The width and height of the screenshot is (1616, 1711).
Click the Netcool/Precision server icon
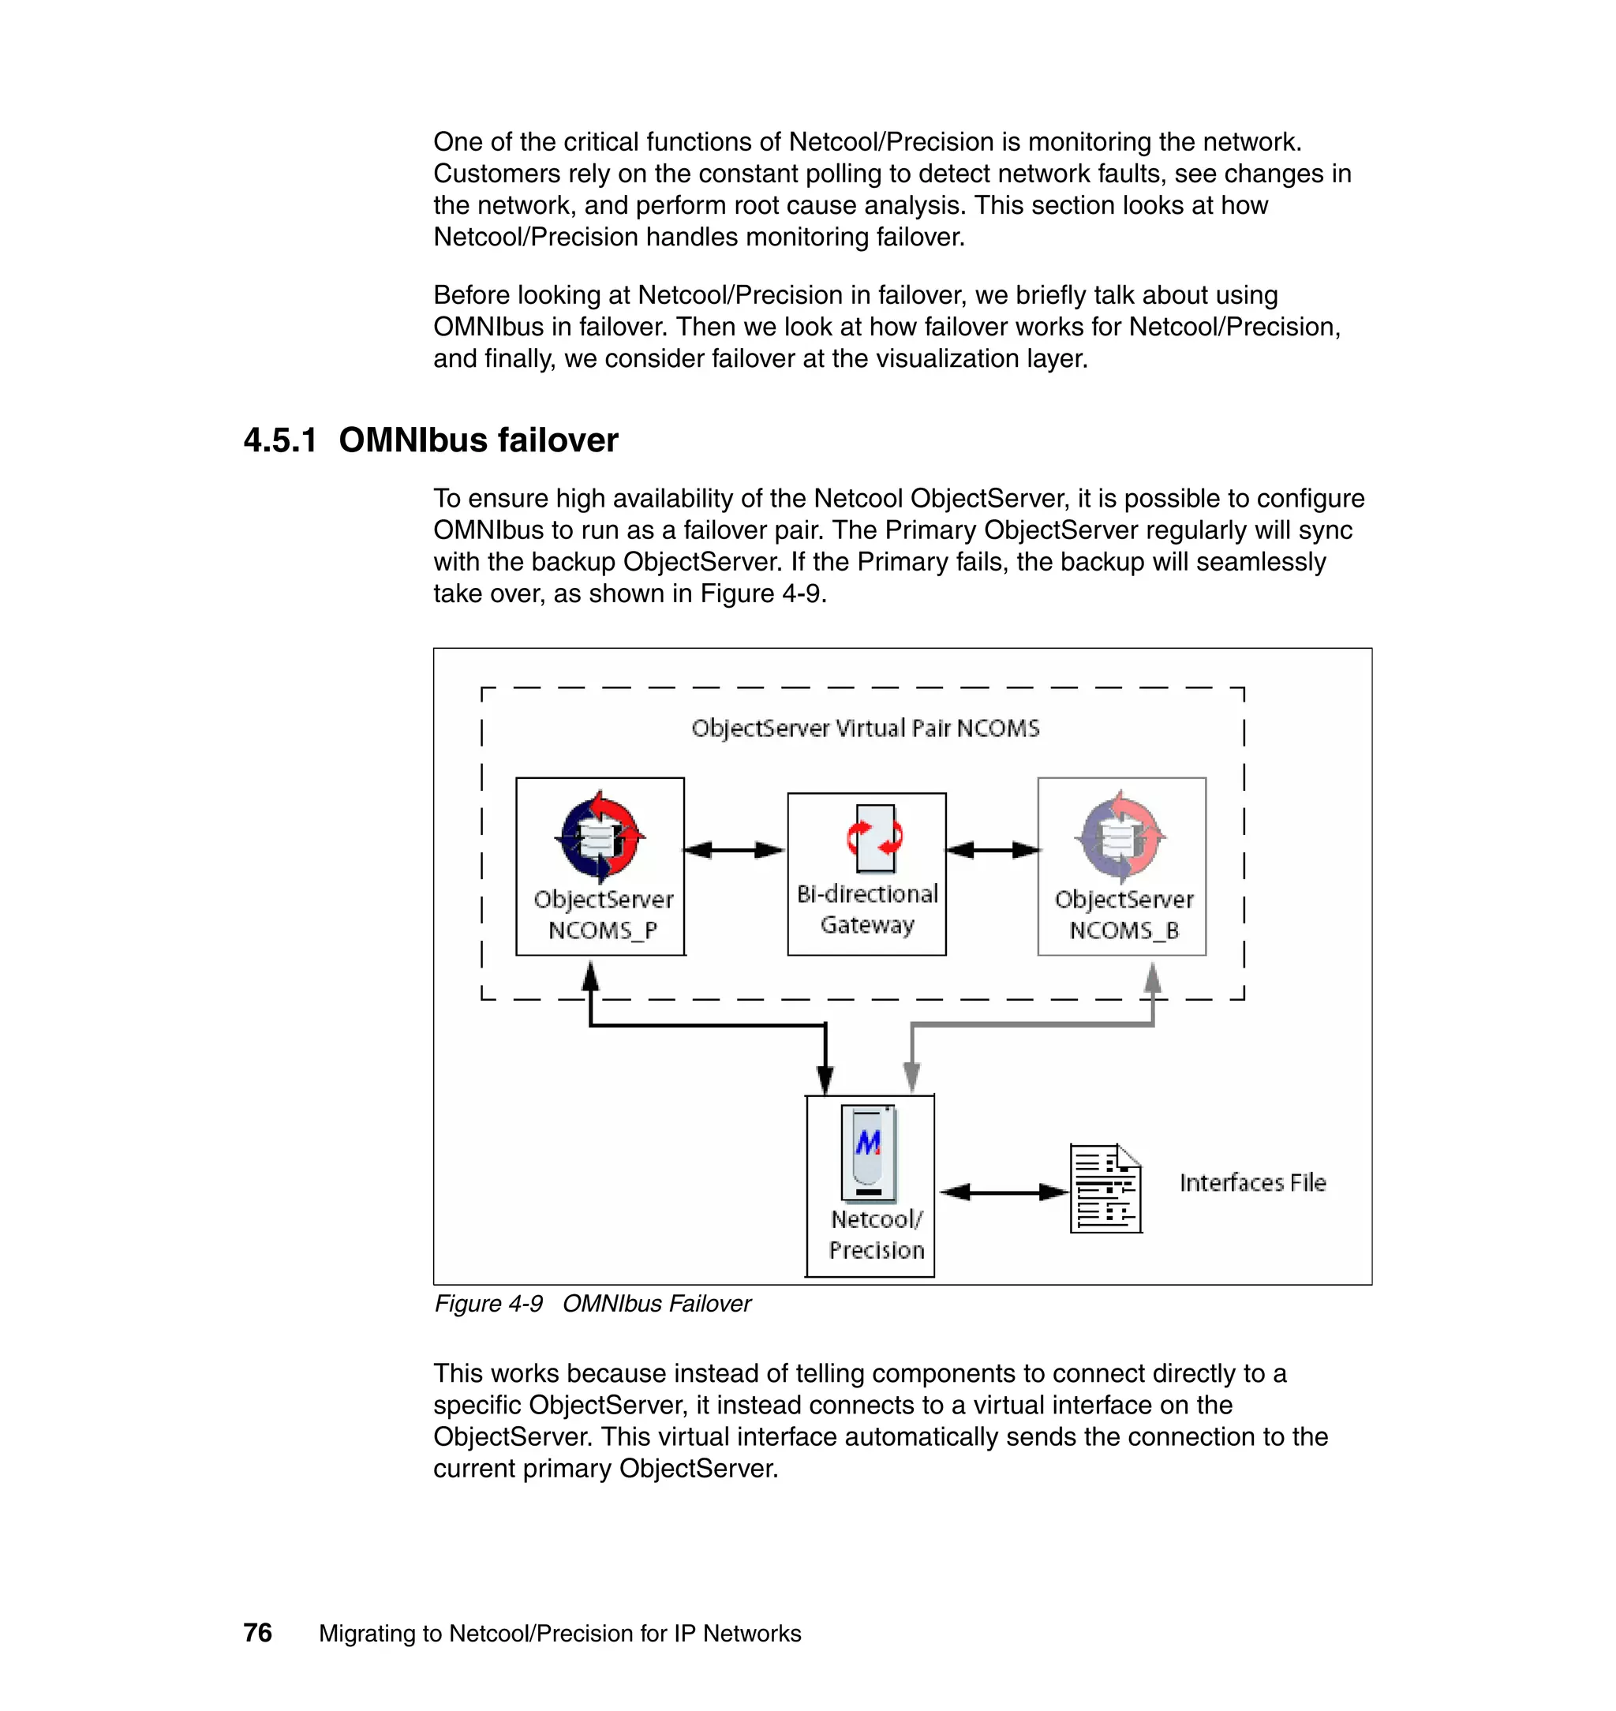click(x=868, y=1154)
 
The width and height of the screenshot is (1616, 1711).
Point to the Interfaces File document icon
click(x=1105, y=1189)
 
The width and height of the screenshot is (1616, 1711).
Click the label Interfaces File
click(x=1251, y=1183)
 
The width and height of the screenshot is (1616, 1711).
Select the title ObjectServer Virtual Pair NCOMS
click(x=865, y=729)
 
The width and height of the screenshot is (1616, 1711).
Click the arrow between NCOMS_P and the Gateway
click(x=735, y=850)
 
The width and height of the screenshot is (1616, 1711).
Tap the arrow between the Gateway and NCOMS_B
click(x=993, y=850)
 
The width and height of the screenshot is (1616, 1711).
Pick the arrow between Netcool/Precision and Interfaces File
click(x=1003, y=1192)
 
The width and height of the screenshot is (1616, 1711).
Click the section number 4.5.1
click(x=280, y=440)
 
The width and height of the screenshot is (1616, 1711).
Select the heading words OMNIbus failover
click(x=478, y=440)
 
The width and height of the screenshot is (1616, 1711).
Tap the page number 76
click(x=257, y=1633)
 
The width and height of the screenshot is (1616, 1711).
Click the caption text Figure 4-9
click(x=488, y=1304)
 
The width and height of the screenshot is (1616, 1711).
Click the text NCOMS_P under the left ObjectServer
click(x=602, y=930)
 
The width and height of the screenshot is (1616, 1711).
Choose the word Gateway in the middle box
click(x=866, y=925)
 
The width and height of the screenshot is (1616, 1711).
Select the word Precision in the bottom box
click(x=876, y=1250)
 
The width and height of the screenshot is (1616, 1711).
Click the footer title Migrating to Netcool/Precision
click(x=559, y=1634)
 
